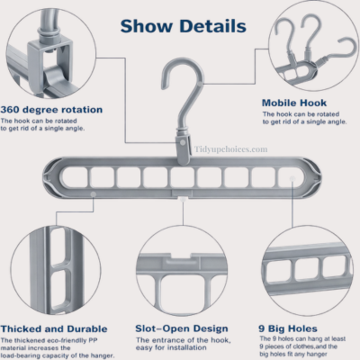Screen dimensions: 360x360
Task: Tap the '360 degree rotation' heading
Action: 51,110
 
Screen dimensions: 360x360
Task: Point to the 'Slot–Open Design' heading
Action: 179,329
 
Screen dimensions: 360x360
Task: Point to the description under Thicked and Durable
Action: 56,348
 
